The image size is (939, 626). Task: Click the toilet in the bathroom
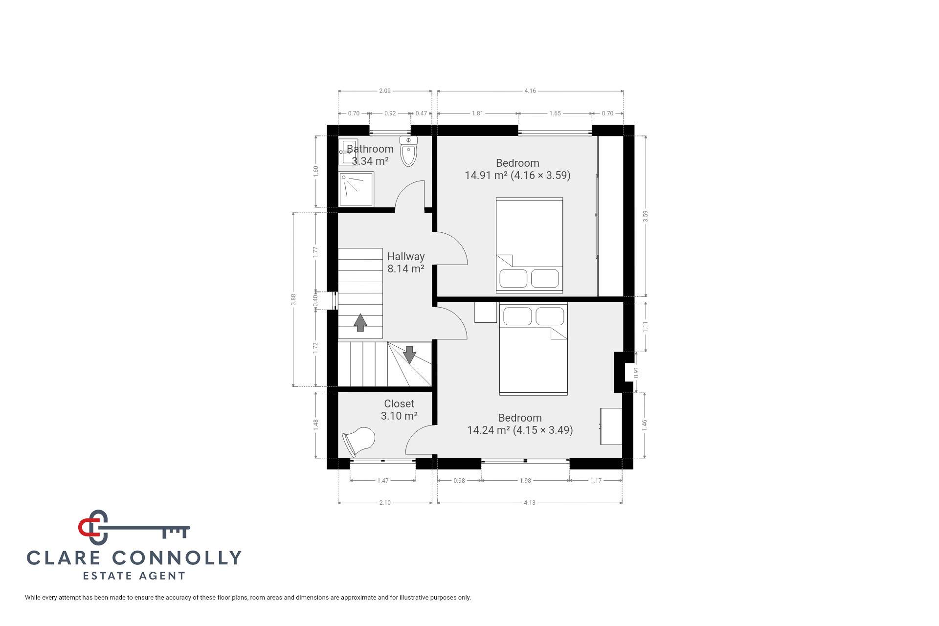coord(408,151)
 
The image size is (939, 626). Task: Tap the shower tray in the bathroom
coord(357,189)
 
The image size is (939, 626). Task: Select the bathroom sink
coord(348,152)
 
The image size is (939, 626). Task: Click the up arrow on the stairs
coord(360,323)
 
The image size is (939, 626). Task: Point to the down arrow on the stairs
coord(409,355)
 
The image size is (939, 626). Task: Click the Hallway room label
coord(406,256)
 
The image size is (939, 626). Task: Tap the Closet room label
coord(399,403)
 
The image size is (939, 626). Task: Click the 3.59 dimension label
coord(646,216)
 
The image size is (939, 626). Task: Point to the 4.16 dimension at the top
coord(530,91)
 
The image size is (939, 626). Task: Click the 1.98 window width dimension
coord(525,481)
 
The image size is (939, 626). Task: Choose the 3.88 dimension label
coord(293,299)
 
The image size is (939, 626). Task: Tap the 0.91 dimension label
coord(636,373)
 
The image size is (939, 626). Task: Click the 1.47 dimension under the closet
coord(383,481)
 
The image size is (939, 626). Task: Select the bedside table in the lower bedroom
coord(486,313)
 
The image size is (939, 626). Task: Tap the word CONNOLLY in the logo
coord(177,558)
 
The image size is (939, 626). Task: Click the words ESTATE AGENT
coord(134,576)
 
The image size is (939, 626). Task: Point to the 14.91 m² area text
coord(486,175)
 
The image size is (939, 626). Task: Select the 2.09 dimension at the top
coord(385,91)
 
